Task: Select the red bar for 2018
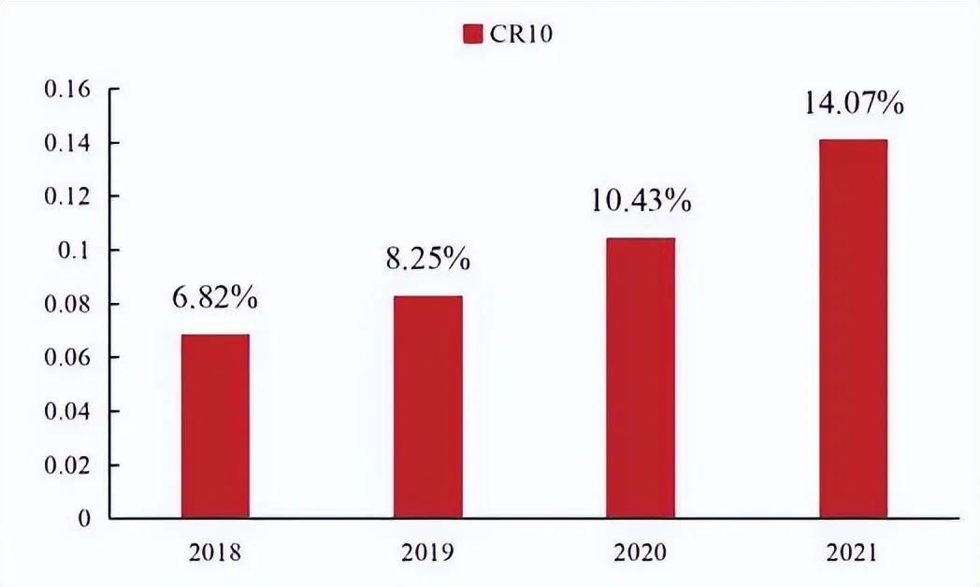pos(215,425)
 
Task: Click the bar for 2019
pos(427,407)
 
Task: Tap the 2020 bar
pos(641,378)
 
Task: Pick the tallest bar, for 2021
pos(853,328)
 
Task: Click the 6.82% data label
pos(214,300)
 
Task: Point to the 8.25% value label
pos(427,259)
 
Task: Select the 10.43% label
pos(641,201)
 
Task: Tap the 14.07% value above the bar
pos(854,102)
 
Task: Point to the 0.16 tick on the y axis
pos(66,90)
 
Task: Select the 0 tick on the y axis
pos(86,518)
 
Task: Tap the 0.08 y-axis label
pos(66,304)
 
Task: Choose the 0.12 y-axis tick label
pos(66,197)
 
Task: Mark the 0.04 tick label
pos(66,411)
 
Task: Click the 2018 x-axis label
pos(214,553)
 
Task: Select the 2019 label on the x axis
pos(427,553)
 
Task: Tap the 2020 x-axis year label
pos(641,553)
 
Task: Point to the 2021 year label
pos(853,553)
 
